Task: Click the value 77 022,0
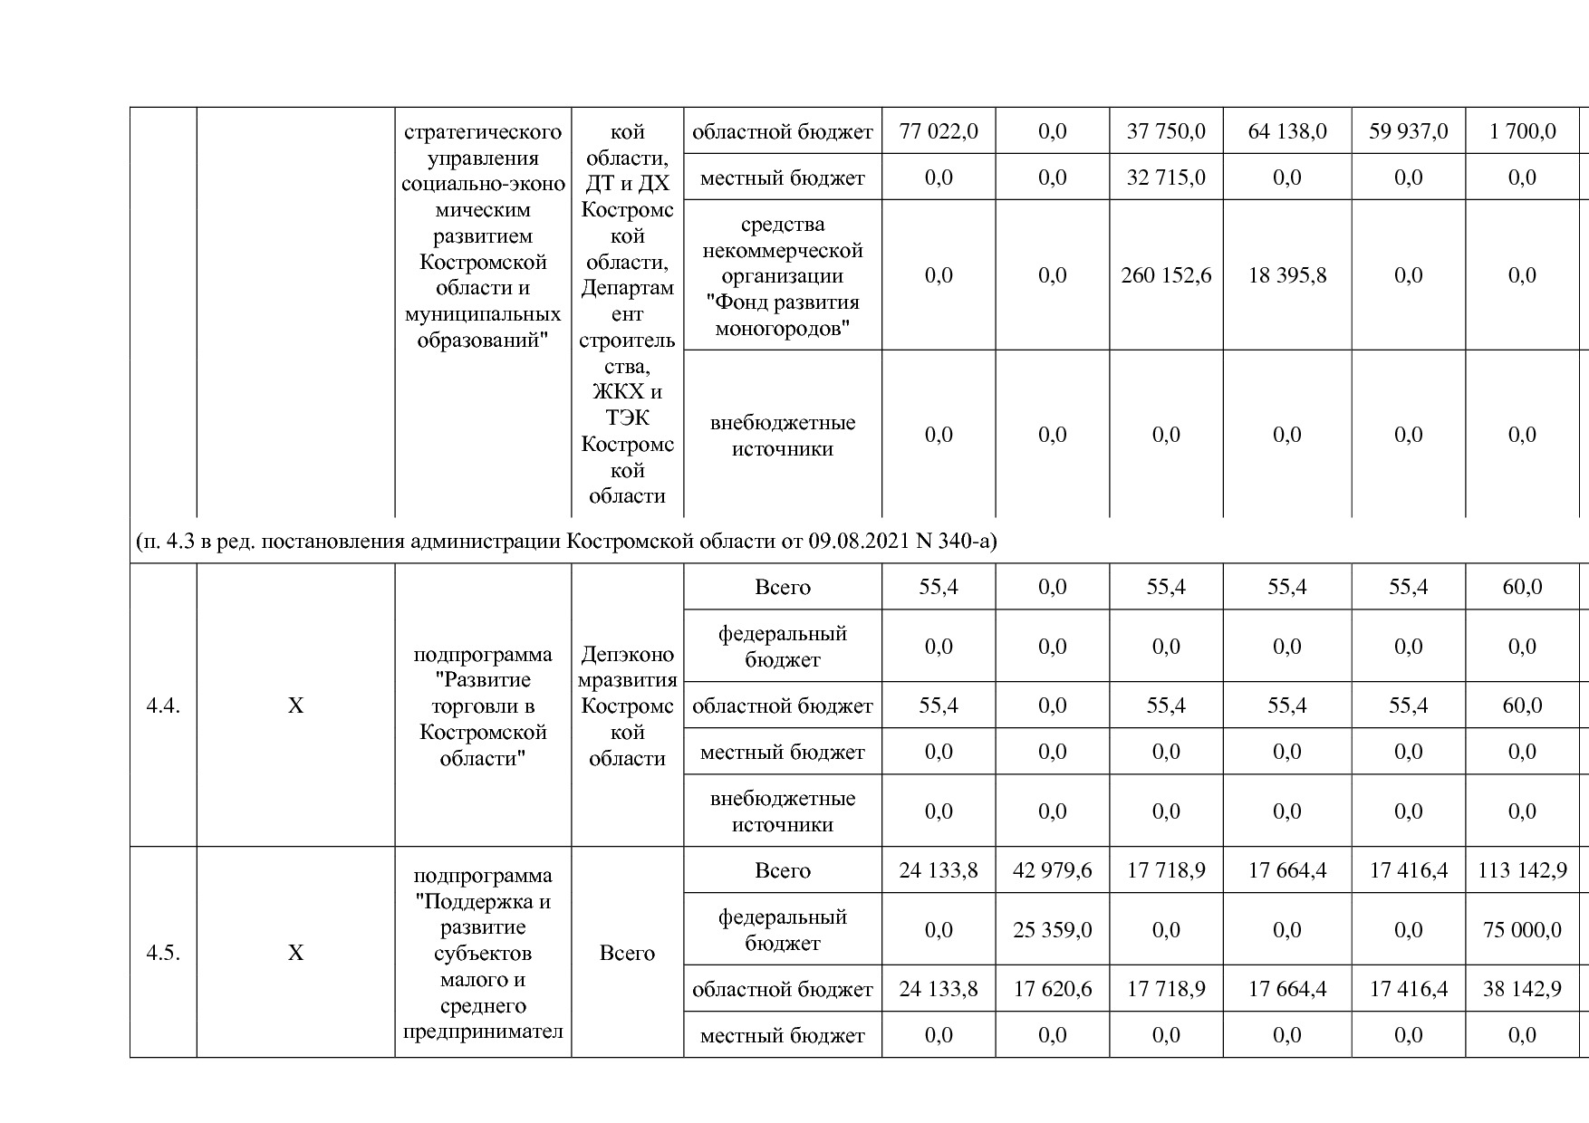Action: pyautogui.click(x=938, y=131)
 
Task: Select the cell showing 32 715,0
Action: pyautogui.click(x=1165, y=178)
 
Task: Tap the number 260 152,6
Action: pyautogui.click(x=1165, y=275)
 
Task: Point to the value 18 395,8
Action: pyautogui.click(x=1286, y=275)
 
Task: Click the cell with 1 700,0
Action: pyautogui.click(x=1522, y=131)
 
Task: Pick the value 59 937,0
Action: pyautogui.click(x=1408, y=131)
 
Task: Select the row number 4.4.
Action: pyautogui.click(x=163, y=705)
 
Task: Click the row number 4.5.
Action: pyautogui.click(x=163, y=953)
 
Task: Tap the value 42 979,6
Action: pyautogui.click(x=1052, y=870)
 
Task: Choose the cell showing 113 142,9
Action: pyautogui.click(x=1522, y=870)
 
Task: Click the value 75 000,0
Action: pyautogui.click(x=1522, y=930)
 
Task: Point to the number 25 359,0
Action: pyautogui.click(x=1052, y=930)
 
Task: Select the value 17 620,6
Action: pyautogui.click(x=1052, y=989)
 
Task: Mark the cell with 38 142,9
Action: pyautogui.click(x=1522, y=989)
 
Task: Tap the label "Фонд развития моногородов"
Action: pyautogui.click(x=782, y=315)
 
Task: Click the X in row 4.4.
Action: pyautogui.click(x=295, y=705)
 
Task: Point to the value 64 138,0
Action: pyautogui.click(x=1286, y=131)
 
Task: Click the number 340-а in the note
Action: pyautogui.click(x=966, y=542)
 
